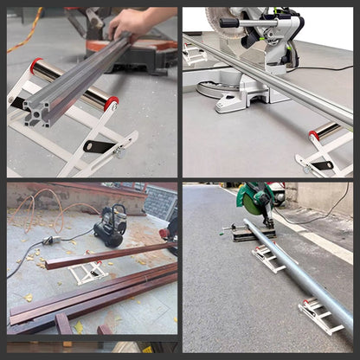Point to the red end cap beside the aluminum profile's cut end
112,104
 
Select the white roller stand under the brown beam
88,273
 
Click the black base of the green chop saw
254,234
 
